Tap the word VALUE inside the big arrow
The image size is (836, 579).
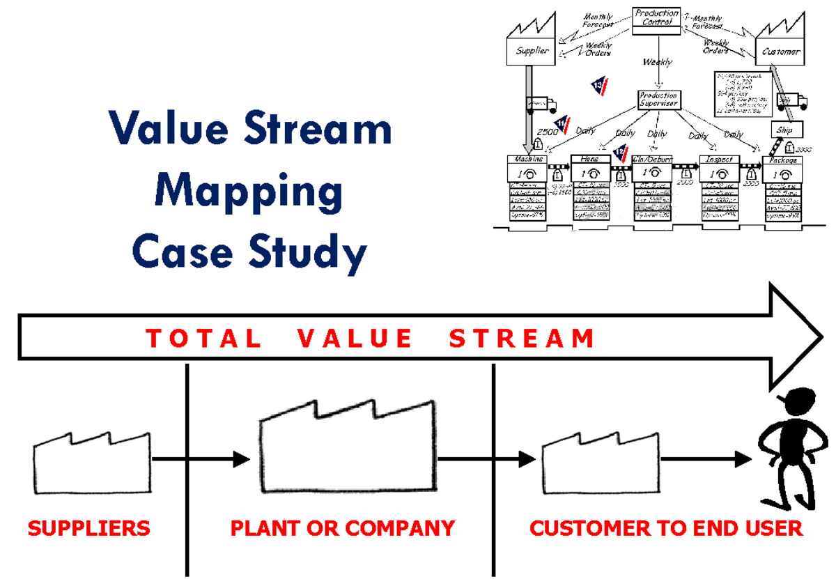pyautogui.click(x=355, y=339)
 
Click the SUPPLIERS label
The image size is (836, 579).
pyautogui.click(x=88, y=528)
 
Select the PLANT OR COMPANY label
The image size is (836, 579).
pyautogui.click(x=342, y=528)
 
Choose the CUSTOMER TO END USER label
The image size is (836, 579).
pyautogui.click(x=666, y=528)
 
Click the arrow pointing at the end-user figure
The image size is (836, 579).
pyautogui.click(x=707, y=459)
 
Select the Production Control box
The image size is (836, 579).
pyautogui.click(x=656, y=20)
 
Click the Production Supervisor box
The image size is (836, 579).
pyautogui.click(x=658, y=100)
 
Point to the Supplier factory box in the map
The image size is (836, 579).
pyautogui.click(x=532, y=51)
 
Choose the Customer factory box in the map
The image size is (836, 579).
pyautogui.click(x=781, y=52)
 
